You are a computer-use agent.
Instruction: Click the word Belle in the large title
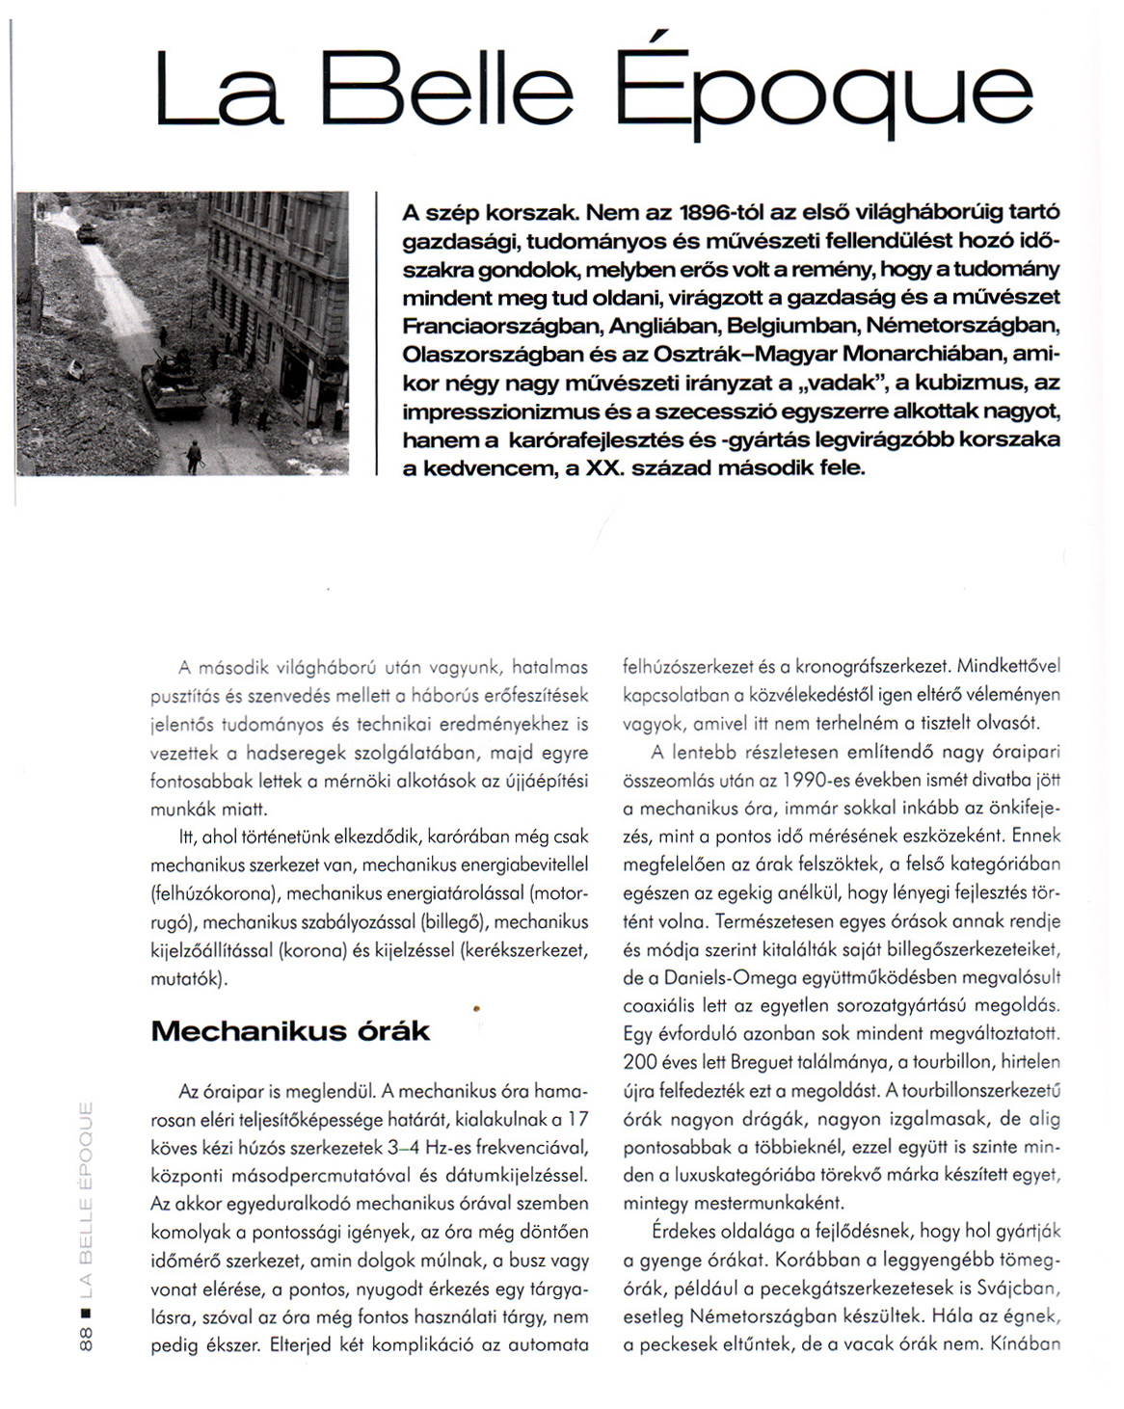[x=447, y=92]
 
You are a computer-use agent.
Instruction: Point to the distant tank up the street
[x=86, y=232]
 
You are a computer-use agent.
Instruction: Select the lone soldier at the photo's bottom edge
[x=195, y=456]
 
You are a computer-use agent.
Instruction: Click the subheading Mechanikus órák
[x=290, y=1031]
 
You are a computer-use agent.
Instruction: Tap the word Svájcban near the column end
[x=1023, y=1288]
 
